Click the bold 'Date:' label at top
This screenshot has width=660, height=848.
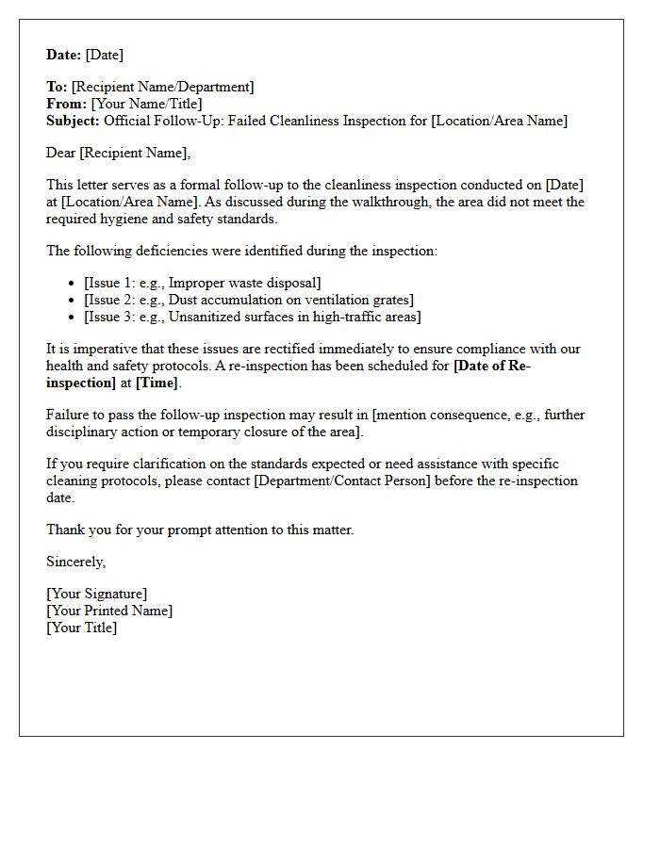point(64,55)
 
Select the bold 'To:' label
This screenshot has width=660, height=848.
point(57,87)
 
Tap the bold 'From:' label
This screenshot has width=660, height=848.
point(66,104)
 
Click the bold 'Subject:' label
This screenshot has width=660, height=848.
point(74,121)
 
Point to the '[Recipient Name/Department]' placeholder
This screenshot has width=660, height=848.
point(162,87)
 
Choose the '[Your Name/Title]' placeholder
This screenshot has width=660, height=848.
point(146,104)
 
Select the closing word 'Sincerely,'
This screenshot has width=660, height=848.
point(76,562)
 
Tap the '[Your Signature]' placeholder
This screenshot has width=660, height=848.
point(96,594)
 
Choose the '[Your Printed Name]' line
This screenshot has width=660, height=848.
point(109,611)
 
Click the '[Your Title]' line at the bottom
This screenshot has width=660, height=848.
point(81,628)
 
